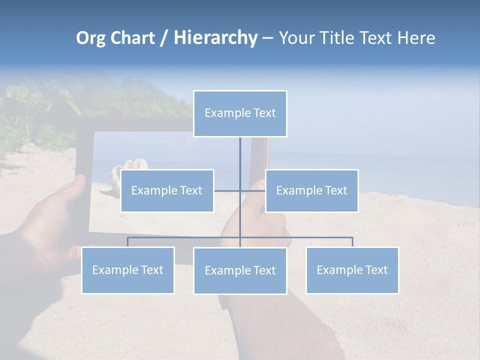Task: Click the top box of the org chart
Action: coord(240,113)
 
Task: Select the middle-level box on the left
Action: coord(167,190)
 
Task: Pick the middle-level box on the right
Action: coord(311,190)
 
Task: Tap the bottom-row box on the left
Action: coord(128,270)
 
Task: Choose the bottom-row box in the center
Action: coord(240,270)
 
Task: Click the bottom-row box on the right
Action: coord(352,270)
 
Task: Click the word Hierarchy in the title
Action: coord(215,38)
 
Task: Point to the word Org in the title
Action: coord(90,38)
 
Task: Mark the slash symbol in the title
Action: coord(164,38)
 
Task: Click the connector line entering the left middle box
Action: coord(226,190)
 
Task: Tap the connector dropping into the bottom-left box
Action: coord(128,242)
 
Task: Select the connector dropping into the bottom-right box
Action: coord(352,242)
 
